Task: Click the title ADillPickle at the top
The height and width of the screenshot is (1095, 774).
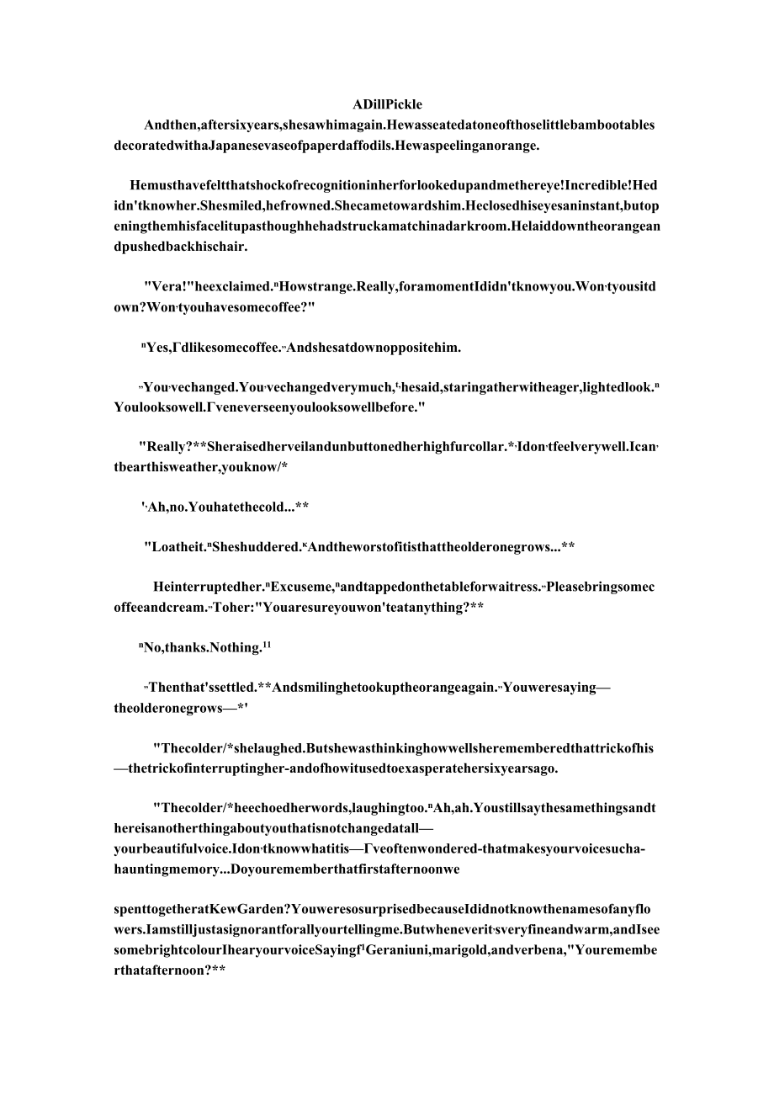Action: coord(387,105)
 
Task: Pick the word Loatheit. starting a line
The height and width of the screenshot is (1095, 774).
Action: coord(176,546)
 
